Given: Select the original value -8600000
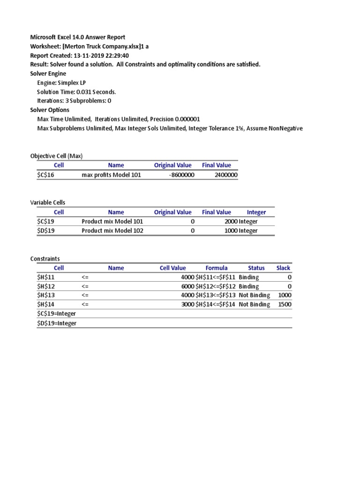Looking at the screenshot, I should tap(181, 175).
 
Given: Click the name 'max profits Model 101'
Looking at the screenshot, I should tap(111, 175).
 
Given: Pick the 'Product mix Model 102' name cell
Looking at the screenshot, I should tap(112, 231).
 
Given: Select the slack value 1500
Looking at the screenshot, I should tap(285, 304).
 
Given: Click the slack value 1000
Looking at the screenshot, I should tap(285, 295).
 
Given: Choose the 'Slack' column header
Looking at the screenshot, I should tap(283, 268).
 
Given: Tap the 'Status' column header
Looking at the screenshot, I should tap(256, 268).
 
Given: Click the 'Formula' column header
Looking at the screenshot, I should tap(217, 268).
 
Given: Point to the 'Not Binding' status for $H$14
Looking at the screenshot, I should tap(254, 304).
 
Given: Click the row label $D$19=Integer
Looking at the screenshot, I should tap(57, 323).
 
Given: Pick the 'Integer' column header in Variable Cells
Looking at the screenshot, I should tap(256, 212).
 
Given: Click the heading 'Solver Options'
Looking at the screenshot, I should tap(50, 110).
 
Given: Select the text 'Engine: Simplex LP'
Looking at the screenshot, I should tap(61, 82).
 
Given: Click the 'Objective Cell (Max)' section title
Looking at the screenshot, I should tap(56, 156).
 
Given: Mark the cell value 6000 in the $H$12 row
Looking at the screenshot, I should tap(187, 286).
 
